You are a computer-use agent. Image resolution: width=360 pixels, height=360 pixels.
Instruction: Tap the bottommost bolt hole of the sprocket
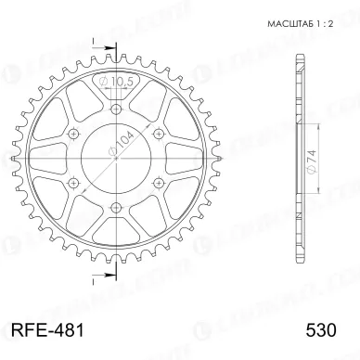pyautogui.click(x=115, y=206)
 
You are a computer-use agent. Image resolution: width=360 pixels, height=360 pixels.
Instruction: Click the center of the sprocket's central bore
pyautogui.click(x=115, y=159)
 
